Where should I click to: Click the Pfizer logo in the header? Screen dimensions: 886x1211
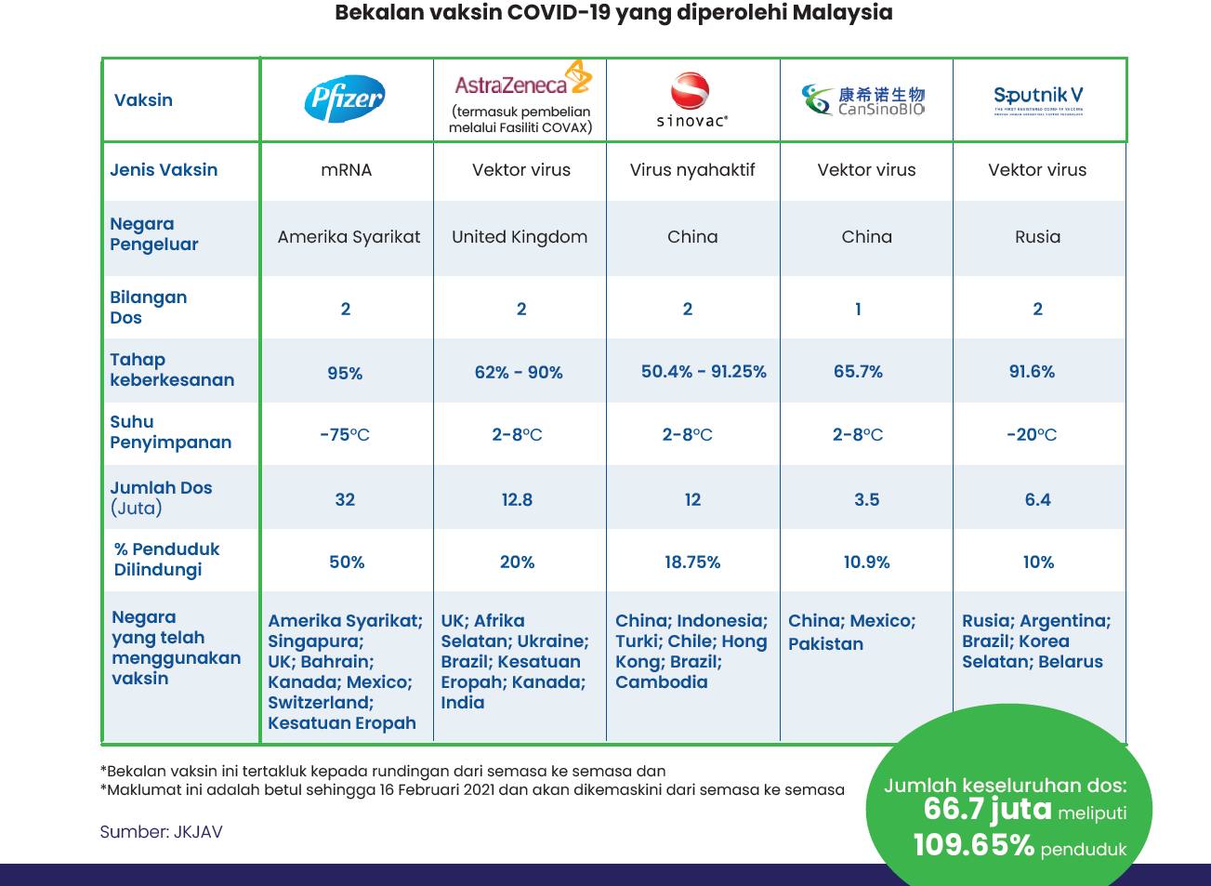(345, 99)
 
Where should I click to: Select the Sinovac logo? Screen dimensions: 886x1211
(691, 99)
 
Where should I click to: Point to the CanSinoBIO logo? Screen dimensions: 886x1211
(864, 99)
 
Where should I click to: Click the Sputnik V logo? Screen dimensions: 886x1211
(1038, 99)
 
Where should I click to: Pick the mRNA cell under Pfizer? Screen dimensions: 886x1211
(346, 170)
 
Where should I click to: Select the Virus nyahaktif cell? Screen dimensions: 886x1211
(692, 170)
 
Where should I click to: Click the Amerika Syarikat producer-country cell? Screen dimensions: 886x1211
(349, 237)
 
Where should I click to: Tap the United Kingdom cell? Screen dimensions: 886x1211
(520, 237)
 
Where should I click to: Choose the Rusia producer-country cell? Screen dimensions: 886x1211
(1037, 237)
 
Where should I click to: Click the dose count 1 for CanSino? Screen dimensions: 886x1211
(858, 309)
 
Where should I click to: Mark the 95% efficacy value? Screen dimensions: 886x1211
(345, 373)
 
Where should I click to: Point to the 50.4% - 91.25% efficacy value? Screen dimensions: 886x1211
(704, 372)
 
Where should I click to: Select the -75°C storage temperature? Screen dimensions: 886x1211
(345, 434)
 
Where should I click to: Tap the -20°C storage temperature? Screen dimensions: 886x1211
(1032, 434)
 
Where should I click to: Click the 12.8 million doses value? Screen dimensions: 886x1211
(517, 499)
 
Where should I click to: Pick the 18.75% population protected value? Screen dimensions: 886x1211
(692, 562)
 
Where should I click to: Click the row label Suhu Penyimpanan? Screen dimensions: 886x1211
(170, 432)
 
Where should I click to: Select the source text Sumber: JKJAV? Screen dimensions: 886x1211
(161, 832)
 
